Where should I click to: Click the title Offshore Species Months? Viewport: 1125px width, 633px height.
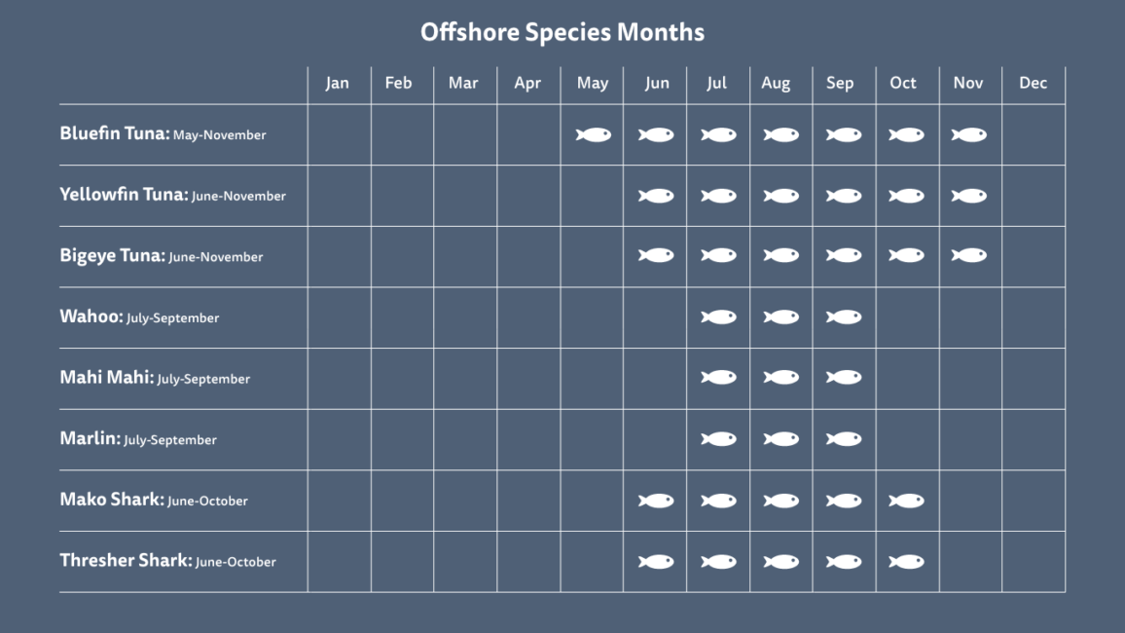tap(562, 32)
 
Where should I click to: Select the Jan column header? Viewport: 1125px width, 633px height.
tap(338, 83)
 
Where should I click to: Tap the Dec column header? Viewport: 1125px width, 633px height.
tap(1034, 83)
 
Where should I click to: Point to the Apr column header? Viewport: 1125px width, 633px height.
tap(527, 83)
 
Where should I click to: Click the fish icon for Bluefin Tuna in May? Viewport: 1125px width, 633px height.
tap(594, 135)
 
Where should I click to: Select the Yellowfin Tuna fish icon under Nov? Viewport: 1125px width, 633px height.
tap(969, 196)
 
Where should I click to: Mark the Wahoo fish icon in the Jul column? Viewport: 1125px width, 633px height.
tap(718, 317)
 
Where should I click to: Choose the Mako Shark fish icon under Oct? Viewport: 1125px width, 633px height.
tap(907, 501)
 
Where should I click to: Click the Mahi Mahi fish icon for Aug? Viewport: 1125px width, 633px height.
tap(781, 378)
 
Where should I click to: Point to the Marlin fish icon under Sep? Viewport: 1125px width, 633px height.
tap(844, 439)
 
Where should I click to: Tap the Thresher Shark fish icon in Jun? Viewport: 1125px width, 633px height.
tap(656, 562)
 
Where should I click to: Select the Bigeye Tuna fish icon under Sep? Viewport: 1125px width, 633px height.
tap(844, 255)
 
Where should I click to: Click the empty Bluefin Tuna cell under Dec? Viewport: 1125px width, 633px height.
tap(1034, 135)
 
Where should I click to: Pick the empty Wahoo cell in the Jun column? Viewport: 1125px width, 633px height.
tap(655, 317)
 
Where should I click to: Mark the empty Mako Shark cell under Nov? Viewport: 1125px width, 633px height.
tap(970, 501)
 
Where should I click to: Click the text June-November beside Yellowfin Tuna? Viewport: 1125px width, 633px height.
tap(239, 196)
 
